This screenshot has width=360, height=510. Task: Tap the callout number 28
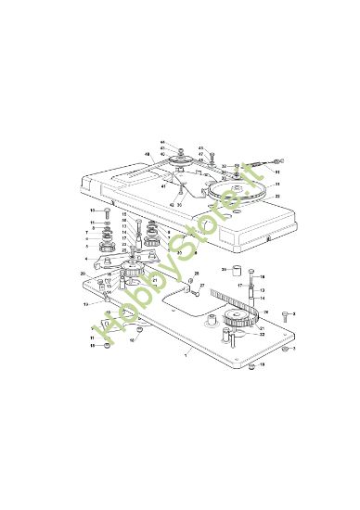[196, 273]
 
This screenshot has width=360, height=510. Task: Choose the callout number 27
[202, 286]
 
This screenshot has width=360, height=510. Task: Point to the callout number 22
[262, 334]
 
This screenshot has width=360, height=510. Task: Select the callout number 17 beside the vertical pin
[240, 285]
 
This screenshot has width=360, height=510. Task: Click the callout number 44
[161, 142]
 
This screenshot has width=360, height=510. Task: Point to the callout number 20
[84, 274]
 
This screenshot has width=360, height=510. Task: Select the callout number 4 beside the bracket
[86, 259]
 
